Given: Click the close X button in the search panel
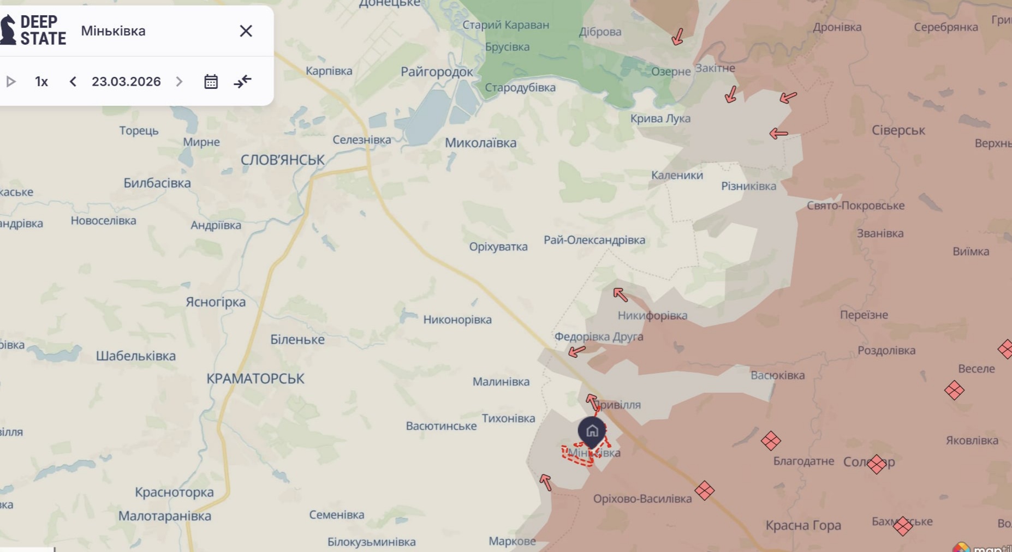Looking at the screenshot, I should (246, 31).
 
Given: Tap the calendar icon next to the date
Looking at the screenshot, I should (211, 82).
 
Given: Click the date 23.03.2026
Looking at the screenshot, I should (126, 82).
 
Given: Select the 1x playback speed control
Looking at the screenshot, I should (41, 82).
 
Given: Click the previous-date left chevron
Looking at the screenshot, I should (73, 82).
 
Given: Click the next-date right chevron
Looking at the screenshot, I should (179, 82).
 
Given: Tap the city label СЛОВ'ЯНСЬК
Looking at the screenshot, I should (282, 160).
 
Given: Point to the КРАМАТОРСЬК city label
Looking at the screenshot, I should (255, 379).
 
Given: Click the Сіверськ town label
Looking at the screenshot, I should (898, 130).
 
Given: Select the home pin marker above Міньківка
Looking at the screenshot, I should (592, 431).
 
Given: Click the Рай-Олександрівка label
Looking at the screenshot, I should (594, 240).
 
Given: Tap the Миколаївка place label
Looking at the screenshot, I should (480, 143).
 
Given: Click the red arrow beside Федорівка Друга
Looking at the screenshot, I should (576, 351).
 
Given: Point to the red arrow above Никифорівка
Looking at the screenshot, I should (620, 295).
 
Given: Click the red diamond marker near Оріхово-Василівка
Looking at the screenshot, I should (704, 490).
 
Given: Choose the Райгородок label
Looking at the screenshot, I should (437, 71).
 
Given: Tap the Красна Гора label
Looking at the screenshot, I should (803, 525).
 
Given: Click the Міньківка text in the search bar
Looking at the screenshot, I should (113, 31).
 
